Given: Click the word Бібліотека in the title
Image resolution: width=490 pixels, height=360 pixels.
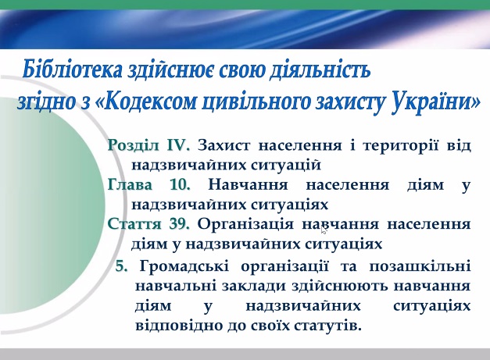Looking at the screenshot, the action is pos(72,70).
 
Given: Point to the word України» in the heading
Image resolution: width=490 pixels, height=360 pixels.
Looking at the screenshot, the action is pos(435,102).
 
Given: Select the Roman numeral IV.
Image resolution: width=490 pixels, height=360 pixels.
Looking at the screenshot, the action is pos(178,145).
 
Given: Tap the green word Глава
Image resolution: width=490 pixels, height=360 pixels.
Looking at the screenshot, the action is pos(130,184).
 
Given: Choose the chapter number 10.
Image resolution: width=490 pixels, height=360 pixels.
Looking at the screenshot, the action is pos(180,184).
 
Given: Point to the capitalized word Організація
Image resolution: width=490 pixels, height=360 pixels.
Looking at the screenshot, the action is pos(245,224).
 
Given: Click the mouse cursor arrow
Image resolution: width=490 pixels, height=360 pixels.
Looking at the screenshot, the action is pos(324,230).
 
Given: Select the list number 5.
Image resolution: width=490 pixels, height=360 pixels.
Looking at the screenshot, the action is pos(122,266).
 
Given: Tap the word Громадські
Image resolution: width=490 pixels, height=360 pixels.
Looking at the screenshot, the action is pos(184,267).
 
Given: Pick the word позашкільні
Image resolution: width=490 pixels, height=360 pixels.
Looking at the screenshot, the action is pos(420,266).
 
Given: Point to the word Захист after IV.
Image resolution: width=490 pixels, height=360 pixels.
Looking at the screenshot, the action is pos(224,145).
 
